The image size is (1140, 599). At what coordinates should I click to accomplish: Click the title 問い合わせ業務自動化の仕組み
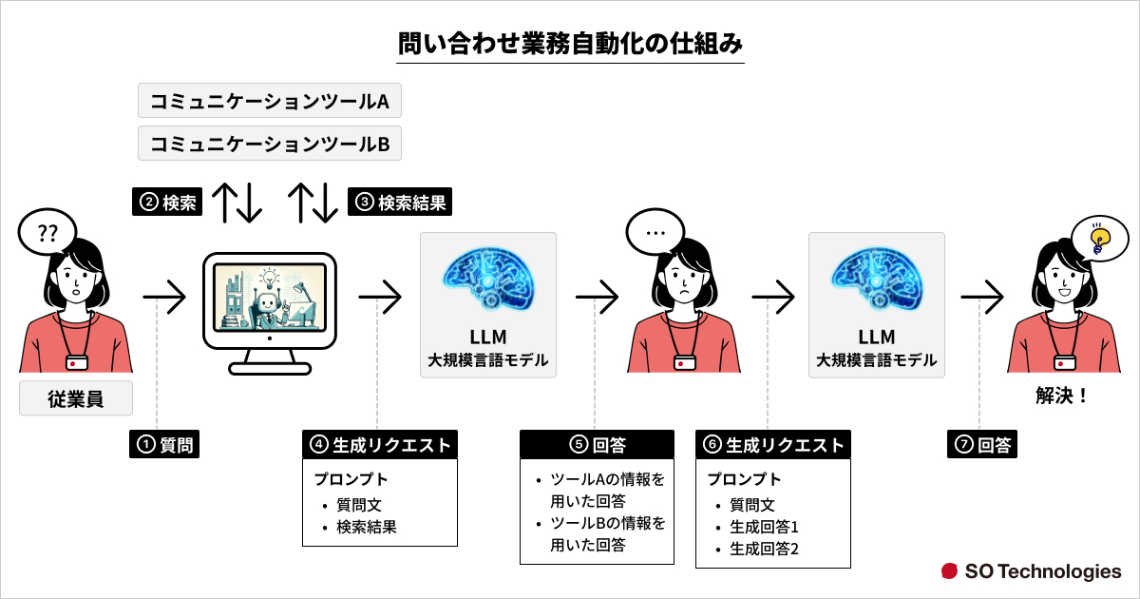(570, 44)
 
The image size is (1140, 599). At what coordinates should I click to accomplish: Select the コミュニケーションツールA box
(270, 101)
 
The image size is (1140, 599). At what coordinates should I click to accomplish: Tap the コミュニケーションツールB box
(270, 145)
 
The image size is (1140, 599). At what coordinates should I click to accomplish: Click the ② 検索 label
(167, 202)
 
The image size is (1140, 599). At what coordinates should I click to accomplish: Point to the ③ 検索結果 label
(400, 202)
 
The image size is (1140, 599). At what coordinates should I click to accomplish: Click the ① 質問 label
(165, 444)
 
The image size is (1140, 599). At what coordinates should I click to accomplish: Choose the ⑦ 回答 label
(982, 444)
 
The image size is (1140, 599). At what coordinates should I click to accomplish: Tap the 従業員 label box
(76, 399)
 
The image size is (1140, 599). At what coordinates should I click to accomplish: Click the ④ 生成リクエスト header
(380, 445)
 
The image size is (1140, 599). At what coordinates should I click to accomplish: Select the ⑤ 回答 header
(597, 445)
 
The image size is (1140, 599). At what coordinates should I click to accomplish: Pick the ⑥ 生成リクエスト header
(773, 445)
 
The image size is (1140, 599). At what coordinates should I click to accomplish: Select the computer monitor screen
(270, 297)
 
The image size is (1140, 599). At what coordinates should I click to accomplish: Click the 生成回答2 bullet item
(763, 549)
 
